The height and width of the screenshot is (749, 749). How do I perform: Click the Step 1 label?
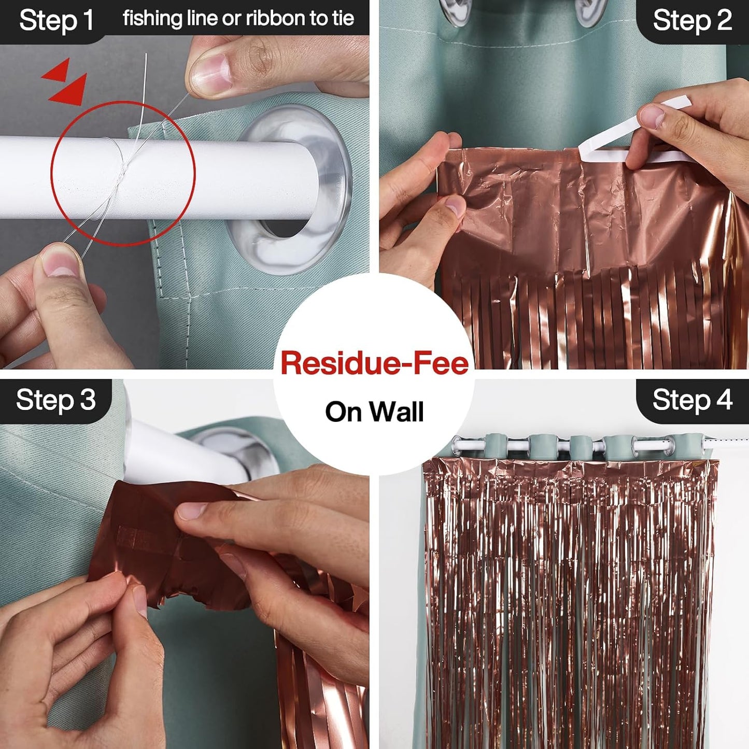point(56,21)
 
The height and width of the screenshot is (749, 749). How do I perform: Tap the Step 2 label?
point(692,21)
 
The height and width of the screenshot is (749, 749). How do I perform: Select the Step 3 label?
point(56,400)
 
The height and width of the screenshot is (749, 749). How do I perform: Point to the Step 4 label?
point(692,400)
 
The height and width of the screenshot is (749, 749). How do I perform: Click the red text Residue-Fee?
point(374,363)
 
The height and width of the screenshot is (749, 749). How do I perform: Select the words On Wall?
point(374,412)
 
